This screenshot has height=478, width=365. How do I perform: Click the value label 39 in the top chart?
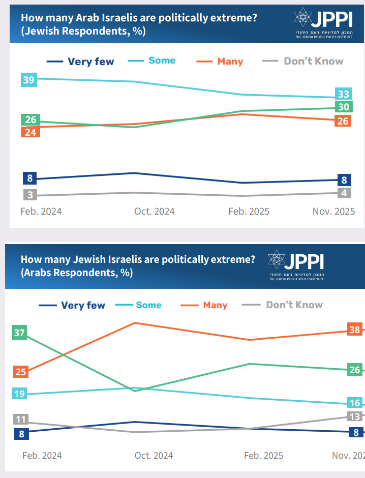[x=29, y=79]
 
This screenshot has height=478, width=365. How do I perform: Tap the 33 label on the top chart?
[x=344, y=94]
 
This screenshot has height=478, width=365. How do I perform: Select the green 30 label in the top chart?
[x=344, y=107]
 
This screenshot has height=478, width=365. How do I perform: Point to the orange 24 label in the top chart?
[x=29, y=132]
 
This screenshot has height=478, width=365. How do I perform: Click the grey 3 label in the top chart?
[x=30, y=195]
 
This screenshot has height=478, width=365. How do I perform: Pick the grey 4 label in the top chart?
[x=344, y=193]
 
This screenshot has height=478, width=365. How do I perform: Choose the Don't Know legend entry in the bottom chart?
[x=294, y=305]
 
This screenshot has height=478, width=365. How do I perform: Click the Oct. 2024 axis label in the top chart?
[x=154, y=212]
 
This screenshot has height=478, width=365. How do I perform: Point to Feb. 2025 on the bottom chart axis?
[x=264, y=456]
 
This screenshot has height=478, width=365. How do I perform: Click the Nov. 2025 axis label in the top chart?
[x=333, y=212]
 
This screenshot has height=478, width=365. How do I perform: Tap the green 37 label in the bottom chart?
[x=20, y=334]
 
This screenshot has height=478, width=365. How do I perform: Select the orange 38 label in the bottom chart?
[x=354, y=330]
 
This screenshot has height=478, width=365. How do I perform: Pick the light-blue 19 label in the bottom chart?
[x=20, y=394]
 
